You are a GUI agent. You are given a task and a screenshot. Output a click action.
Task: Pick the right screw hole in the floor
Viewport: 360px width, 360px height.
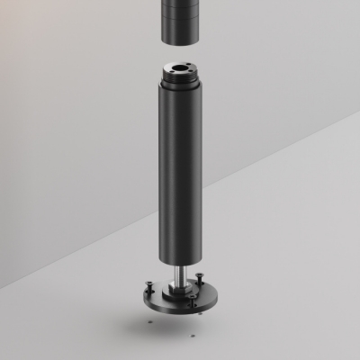pos(193,335)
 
